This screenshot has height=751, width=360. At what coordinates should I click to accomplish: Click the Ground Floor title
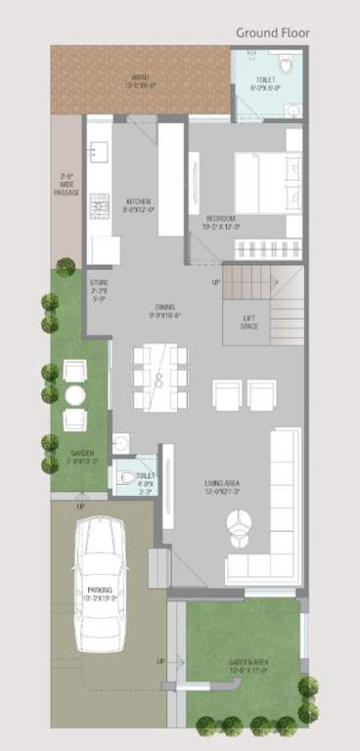pyautogui.click(x=273, y=32)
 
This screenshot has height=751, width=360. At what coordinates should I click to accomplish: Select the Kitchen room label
pyautogui.click(x=136, y=204)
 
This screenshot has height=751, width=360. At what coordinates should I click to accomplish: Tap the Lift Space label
pyautogui.click(x=249, y=323)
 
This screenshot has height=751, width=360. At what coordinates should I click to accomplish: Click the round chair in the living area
pyautogui.click(x=238, y=534)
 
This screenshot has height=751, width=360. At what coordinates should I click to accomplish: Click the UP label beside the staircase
pyautogui.click(x=215, y=283)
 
